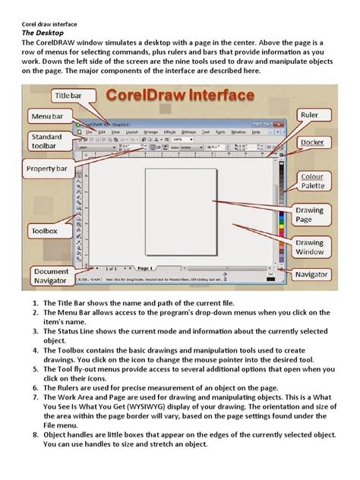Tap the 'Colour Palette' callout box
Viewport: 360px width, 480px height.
click(x=311, y=182)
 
